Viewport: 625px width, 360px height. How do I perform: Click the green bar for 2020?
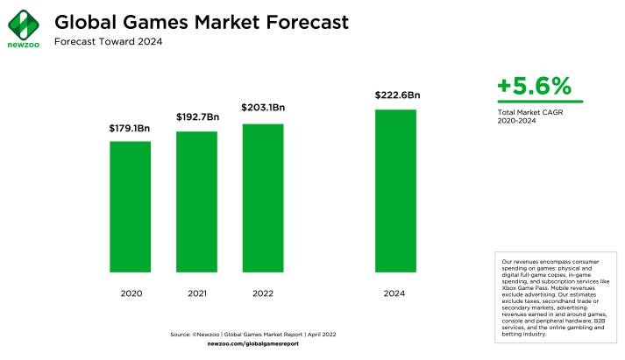(130, 206)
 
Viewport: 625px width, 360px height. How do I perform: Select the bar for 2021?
(196, 201)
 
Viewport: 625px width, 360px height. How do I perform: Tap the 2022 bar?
(263, 197)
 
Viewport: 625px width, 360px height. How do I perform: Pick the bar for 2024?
(395, 190)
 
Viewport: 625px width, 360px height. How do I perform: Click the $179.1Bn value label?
(130, 129)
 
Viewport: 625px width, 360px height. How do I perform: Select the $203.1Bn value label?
(263, 108)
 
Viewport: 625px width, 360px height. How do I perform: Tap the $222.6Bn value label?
(396, 95)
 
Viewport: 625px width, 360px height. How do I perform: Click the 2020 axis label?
(131, 293)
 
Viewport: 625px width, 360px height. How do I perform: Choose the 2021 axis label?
(196, 293)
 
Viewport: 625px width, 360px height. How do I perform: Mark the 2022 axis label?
(263, 293)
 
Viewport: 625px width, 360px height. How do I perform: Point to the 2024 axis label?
(395, 293)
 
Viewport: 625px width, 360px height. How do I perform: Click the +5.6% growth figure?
(534, 86)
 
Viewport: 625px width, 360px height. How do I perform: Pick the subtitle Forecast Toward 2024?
(108, 42)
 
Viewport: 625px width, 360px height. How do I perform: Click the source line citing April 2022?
(253, 335)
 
